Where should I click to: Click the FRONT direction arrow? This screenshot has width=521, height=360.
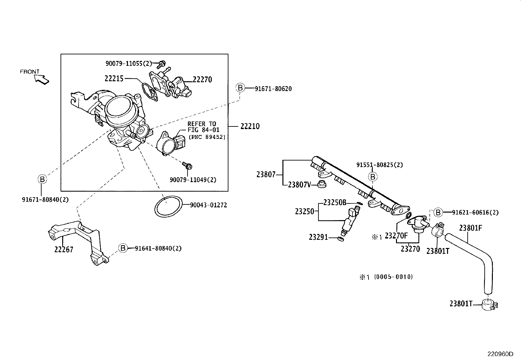coord(42,79)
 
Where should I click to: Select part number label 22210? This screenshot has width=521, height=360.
coord(250,126)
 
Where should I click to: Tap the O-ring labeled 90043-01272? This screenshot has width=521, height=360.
coord(168,206)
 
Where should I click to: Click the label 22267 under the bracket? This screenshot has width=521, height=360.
coord(64,250)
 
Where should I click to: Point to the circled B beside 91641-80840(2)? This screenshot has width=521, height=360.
coord(123,248)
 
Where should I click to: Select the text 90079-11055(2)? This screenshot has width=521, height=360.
coord(129,63)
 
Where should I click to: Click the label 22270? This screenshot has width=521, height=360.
coord(202,80)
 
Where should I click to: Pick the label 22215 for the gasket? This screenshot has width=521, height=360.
coord(114,79)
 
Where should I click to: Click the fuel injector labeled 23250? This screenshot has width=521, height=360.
coord(349,221)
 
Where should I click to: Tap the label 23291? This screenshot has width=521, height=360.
coord(318,237)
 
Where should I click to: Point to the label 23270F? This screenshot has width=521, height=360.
coord(396,236)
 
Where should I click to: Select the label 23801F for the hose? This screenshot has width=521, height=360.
coord(471,228)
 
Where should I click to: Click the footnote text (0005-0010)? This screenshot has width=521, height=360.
coord(393,277)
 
